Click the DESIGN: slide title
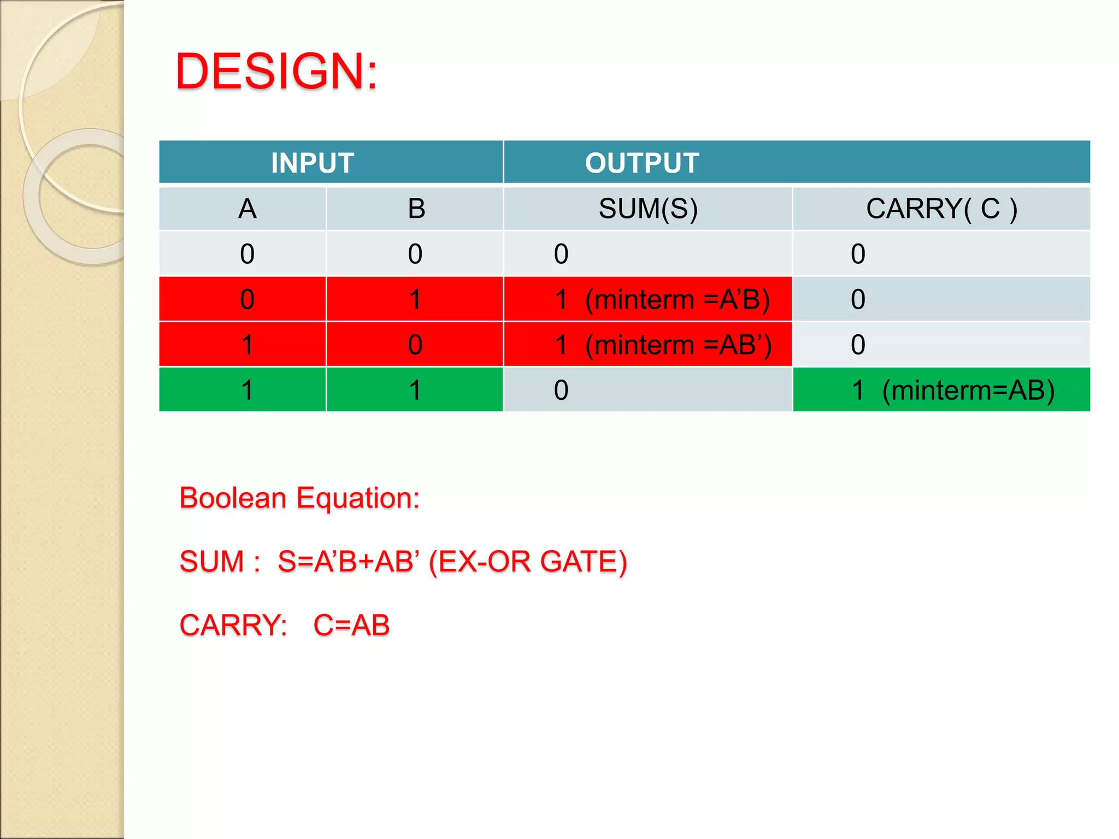(276, 72)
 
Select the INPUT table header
(313, 163)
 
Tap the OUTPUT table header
(641, 163)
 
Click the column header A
(247, 209)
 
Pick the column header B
(416, 209)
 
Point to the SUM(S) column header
(648, 209)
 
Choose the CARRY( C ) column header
(941, 209)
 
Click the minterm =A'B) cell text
(678, 299)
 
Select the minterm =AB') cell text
(678, 345)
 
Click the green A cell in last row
(247, 390)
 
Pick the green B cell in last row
(415, 390)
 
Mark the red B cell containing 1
(415, 299)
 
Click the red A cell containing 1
(247, 345)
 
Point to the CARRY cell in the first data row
(941, 254)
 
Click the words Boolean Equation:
(299, 498)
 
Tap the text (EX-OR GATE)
(528, 562)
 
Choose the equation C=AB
(351, 625)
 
